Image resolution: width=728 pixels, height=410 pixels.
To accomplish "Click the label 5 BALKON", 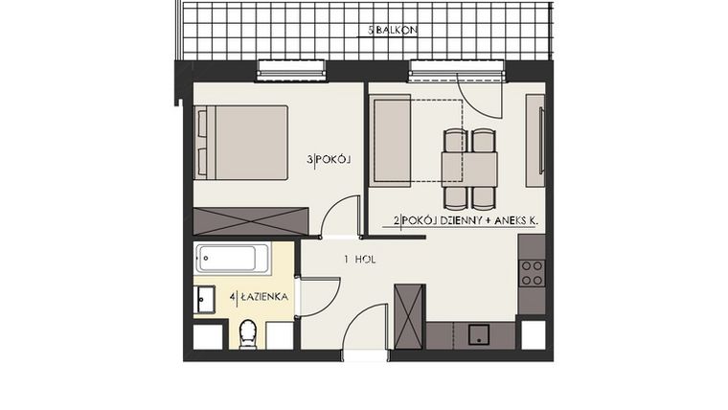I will click(x=393, y=31).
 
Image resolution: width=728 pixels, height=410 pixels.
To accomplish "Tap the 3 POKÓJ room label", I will click(x=329, y=160).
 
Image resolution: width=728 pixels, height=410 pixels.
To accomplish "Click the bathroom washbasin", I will click(x=205, y=298).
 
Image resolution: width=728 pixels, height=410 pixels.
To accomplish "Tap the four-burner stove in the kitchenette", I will click(x=532, y=273).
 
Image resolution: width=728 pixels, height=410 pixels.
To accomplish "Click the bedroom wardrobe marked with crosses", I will click(x=250, y=220).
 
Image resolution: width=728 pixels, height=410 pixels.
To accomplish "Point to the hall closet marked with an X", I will click(x=408, y=315).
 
